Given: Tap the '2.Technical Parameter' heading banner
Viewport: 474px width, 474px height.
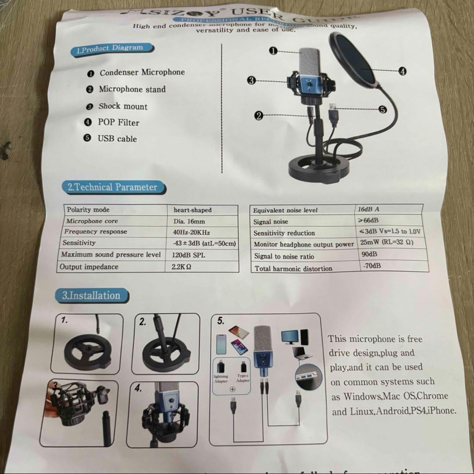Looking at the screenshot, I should pos(112,187).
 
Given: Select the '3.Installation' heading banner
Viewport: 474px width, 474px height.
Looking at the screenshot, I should pos(91,295).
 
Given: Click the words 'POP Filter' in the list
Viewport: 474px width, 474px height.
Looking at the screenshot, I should pos(118,122).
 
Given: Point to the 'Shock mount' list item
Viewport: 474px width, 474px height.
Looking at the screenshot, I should pos(123,106).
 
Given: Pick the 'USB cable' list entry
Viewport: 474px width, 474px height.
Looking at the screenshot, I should pos(117,139).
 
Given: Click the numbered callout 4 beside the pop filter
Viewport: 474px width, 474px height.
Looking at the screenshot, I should pos(402,71).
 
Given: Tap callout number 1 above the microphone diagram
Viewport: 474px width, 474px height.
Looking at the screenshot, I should pos(273,51).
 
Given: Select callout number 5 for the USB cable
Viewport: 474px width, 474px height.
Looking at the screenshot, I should pos(382,109).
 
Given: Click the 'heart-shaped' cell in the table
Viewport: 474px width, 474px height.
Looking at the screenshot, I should pos(192,210).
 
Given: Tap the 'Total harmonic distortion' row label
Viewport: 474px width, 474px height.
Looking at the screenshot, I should pos(293,268).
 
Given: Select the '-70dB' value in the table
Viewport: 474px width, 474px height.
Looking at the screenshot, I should pos(372,266).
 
